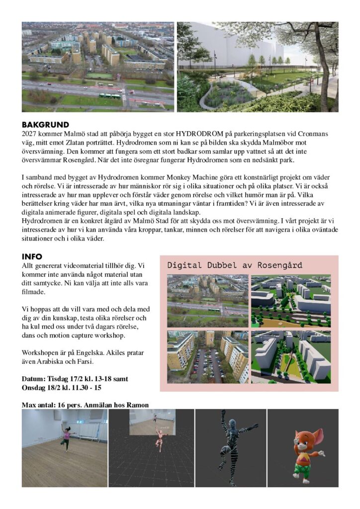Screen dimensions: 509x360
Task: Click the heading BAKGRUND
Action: tap(45, 125)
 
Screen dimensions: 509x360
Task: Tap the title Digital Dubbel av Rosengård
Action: tap(235, 265)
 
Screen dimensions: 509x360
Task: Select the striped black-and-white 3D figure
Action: tap(232, 445)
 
